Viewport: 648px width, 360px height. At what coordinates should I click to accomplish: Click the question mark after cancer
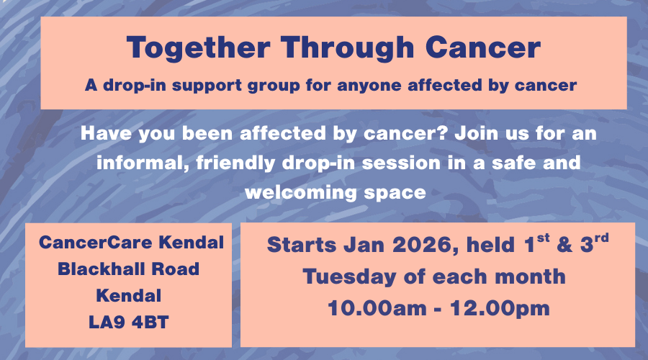tap(443, 133)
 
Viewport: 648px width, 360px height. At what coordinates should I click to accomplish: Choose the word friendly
tap(235, 163)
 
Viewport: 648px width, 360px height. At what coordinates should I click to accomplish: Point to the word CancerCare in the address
tap(96, 243)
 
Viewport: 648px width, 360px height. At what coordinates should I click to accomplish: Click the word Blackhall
tap(101, 269)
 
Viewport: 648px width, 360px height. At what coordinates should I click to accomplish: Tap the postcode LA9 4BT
tap(129, 323)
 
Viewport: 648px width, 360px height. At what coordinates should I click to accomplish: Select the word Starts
tap(302, 245)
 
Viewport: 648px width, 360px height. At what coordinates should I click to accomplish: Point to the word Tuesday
tap(349, 277)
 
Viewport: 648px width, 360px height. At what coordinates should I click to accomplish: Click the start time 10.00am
tap(377, 308)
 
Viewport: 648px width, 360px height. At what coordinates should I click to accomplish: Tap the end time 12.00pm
tap(500, 309)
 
